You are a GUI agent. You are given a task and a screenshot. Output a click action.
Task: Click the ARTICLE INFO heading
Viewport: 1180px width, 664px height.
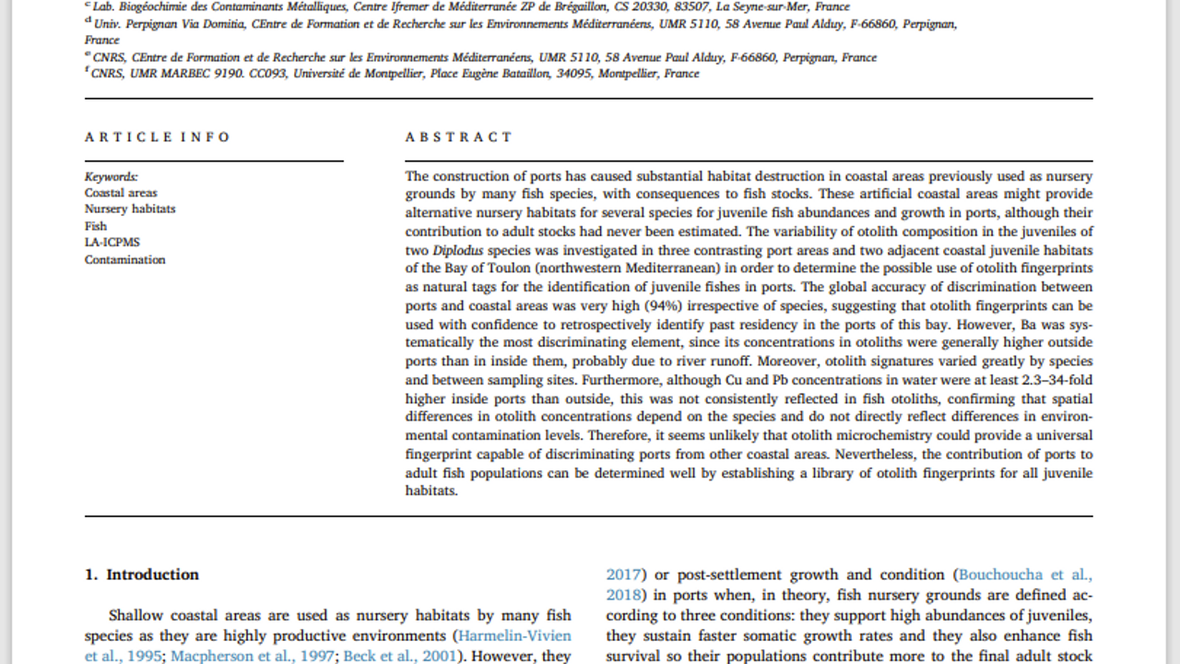pyautogui.click(x=158, y=137)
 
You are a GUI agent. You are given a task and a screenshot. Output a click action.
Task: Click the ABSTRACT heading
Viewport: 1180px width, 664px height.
pyautogui.click(x=458, y=137)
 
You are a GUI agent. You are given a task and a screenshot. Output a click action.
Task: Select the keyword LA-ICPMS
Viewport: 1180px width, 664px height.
pyautogui.click(x=112, y=243)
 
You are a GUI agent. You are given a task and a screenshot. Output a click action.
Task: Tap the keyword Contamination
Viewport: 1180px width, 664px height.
pyautogui.click(x=125, y=259)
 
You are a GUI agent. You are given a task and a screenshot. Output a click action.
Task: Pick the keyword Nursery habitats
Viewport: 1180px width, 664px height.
pyautogui.click(x=130, y=209)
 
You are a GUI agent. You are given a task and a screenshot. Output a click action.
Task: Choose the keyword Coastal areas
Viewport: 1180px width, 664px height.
pyautogui.click(x=121, y=193)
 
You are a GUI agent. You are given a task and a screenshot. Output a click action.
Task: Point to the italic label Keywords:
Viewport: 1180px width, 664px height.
pyautogui.click(x=112, y=176)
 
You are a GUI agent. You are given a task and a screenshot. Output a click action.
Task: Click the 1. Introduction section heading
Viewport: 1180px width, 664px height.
pyautogui.click(x=142, y=575)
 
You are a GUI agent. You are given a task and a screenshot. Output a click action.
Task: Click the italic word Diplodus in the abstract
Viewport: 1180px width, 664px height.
pyautogui.click(x=458, y=250)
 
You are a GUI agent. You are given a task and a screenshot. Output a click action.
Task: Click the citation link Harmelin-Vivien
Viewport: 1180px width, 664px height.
pyautogui.click(x=514, y=635)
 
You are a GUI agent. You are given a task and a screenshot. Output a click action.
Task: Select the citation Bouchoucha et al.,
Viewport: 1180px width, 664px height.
pyautogui.click(x=1024, y=575)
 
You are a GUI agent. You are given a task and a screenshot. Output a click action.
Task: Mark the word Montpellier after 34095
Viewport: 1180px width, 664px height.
pyautogui.click(x=629, y=74)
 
